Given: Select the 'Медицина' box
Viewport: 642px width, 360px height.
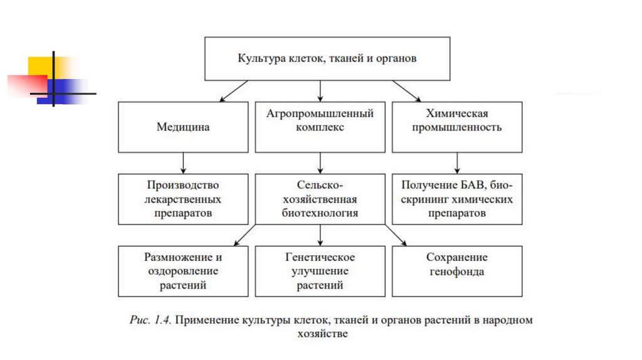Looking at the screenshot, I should pyautogui.click(x=182, y=127).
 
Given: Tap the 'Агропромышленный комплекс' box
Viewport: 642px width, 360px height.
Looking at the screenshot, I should pyautogui.click(x=320, y=127).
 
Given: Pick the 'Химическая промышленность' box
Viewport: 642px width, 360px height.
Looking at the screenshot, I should pyautogui.click(x=456, y=127).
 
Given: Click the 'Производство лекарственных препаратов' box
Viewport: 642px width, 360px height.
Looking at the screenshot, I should pyautogui.click(x=182, y=199).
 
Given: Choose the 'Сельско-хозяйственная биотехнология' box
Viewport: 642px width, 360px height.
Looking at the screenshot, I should pyautogui.click(x=320, y=199).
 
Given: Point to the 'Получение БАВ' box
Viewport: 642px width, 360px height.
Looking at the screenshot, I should pyautogui.click(x=456, y=199).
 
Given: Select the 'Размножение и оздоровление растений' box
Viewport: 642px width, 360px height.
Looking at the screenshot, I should pyautogui.click(x=182, y=271).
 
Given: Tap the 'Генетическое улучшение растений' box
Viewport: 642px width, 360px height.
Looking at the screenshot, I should pyautogui.click(x=320, y=271).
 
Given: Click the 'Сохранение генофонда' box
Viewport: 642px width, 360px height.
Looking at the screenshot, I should pyautogui.click(x=456, y=271).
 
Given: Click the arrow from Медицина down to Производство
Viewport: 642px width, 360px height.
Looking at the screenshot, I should pyautogui.click(x=183, y=162).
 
